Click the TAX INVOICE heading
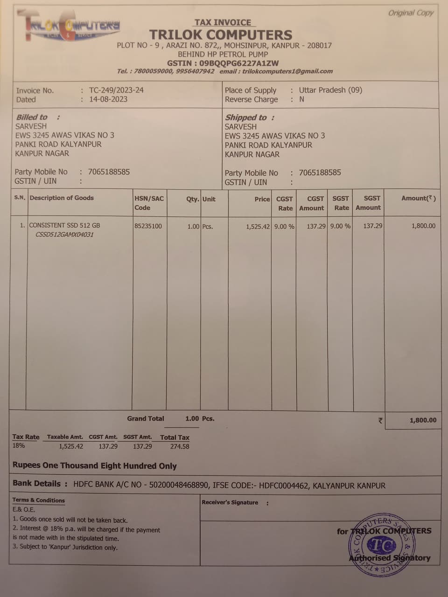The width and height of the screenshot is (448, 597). [223, 22]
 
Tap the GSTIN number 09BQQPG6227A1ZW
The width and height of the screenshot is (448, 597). [239, 63]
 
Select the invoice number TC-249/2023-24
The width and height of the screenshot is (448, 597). [116, 90]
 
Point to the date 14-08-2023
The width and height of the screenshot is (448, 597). [108, 99]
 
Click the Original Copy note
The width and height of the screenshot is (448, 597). [411, 13]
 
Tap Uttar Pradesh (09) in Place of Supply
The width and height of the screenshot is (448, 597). [330, 90]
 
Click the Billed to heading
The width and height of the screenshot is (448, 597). [32, 117]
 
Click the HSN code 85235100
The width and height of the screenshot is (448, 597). [148, 226]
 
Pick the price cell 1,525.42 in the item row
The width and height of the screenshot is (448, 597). [258, 227]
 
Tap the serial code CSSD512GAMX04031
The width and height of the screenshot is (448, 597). [64, 235]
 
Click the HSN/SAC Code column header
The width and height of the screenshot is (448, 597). [149, 203]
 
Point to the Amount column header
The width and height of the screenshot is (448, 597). [418, 198]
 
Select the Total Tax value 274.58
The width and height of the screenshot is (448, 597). [180, 446]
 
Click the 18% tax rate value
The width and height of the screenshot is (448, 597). [19, 445]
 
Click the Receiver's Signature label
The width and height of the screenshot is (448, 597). [230, 502]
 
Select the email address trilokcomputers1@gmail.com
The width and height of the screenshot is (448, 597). [287, 71]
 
